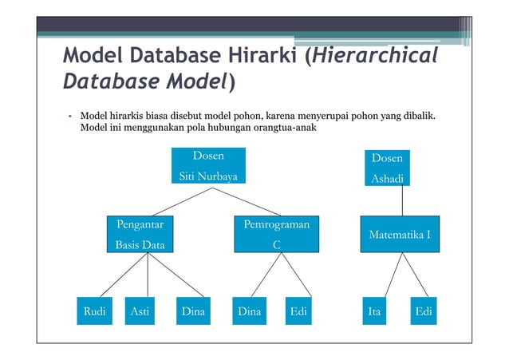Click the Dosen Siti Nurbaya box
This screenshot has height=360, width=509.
209,166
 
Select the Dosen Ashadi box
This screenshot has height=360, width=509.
388,168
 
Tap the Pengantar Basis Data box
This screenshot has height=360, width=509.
141,235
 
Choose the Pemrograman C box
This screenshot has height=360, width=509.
276,235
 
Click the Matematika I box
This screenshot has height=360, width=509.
400,235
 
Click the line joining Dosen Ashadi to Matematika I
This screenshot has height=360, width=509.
401,201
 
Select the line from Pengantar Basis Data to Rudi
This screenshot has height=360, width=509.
116,275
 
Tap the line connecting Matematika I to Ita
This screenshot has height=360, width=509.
385,275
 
